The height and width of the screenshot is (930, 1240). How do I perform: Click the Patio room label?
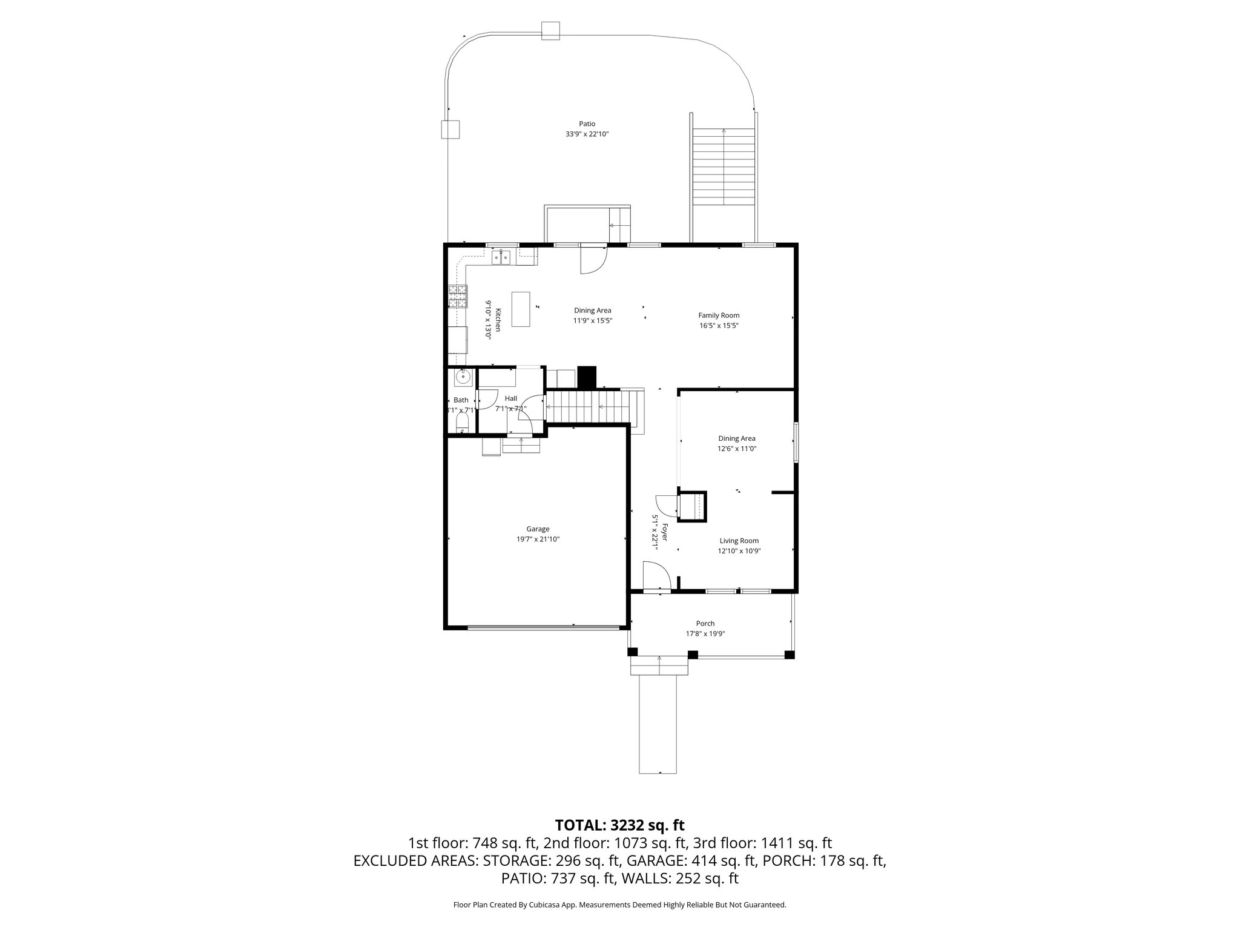click(x=586, y=124)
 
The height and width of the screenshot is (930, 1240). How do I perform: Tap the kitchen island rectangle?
click(x=521, y=309)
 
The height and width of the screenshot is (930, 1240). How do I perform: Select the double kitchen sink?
click(x=501, y=259)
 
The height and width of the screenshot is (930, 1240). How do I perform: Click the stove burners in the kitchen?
click(x=457, y=297)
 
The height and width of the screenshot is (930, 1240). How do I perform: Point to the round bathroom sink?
click(x=463, y=377)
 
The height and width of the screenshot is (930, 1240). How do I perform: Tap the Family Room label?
click(x=719, y=315)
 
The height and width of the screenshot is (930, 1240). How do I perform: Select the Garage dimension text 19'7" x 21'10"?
click(x=533, y=539)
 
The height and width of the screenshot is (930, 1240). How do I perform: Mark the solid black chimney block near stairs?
click(x=587, y=377)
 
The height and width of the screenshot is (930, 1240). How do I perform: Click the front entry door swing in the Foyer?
click(x=656, y=575)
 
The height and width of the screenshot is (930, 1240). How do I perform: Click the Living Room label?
click(x=739, y=541)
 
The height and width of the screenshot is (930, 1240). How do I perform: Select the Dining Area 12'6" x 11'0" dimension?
click(x=737, y=449)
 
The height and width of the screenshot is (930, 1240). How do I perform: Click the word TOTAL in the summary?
click(x=578, y=825)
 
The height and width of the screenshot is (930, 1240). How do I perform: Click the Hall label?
click(x=511, y=398)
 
